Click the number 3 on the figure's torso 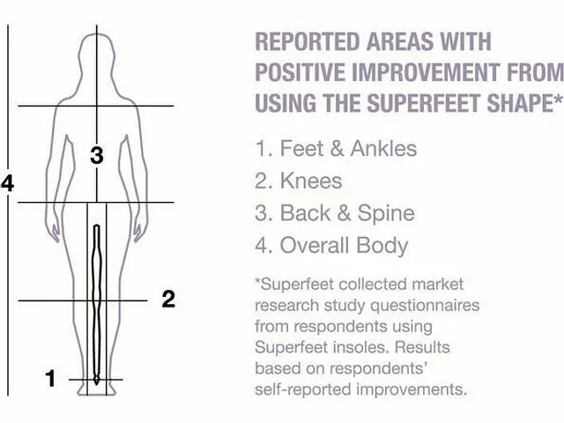pyautogui.click(x=97, y=155)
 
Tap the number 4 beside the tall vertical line pyautogui.click(x=8, y=183)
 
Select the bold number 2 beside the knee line pyautogui.click(x=168, y=299)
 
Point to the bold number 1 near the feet pyautogui.click(x=50, y=378)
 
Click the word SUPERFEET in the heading pyautogui.click(x=424, y=103)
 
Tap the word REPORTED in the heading pyautogui.click(x=308, y=41)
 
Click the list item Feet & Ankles pyautogui.click(x=336, y=148)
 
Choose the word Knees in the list pyautogui.click(x=311, y=181)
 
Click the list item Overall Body pyautogui.click(x=331, y=245)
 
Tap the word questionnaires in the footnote pyautogui.click(x=425, y=306)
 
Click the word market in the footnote pyautogui.click(x=438, y=284)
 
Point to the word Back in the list pyautogui.click(x=305, y=213)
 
